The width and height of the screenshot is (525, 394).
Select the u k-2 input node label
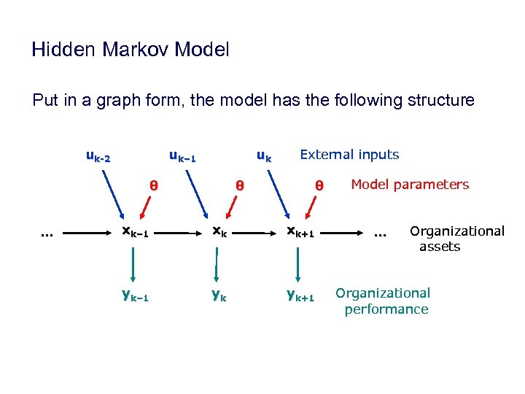98,155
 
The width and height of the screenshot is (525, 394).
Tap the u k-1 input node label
182,155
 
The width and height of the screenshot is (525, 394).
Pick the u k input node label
264,155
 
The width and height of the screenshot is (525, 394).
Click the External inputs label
349,155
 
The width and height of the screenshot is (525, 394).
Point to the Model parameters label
410,185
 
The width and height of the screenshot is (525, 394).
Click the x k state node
218,233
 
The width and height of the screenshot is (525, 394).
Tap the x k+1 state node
300,233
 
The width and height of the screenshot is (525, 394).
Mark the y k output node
217,295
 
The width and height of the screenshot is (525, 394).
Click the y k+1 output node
300,295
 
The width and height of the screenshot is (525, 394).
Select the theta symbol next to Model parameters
319,186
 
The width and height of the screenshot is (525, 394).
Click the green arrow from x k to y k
217,263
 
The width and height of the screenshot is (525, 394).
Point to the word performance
386,309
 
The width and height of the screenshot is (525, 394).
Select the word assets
440,247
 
